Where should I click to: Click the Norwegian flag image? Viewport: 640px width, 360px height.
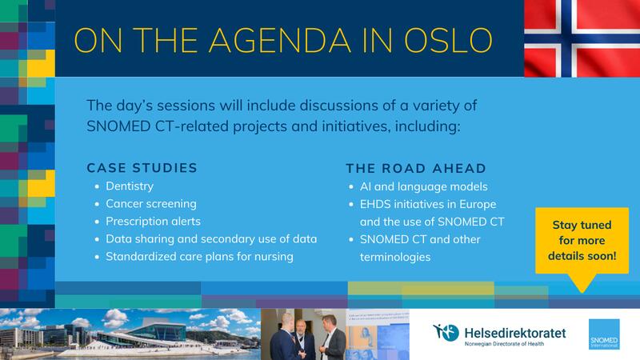582,38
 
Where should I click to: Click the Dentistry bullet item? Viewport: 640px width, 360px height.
130,186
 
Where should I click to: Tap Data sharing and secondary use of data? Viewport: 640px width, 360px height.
210,239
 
